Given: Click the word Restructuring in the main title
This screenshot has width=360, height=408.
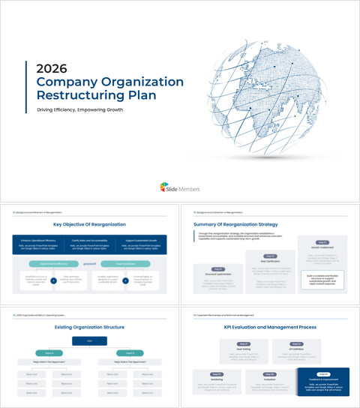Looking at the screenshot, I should [70, 95].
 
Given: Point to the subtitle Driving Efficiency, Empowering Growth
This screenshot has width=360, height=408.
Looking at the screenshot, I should [79, 109].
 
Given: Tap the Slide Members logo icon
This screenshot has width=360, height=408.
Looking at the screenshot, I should [164, 187].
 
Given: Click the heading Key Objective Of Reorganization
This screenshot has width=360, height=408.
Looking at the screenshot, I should [89, 224].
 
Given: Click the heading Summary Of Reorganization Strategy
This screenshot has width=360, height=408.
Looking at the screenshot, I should [235, 224].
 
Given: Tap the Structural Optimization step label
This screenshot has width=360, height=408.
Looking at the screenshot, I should [217, 273].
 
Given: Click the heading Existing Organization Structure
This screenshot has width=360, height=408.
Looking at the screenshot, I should [89, 327].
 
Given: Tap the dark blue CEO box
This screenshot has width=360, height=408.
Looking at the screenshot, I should [89, 341].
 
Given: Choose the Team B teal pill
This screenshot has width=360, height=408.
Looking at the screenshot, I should [129, 352].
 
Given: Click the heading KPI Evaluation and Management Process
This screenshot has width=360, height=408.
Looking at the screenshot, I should [270, 327].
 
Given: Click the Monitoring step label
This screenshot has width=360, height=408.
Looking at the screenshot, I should [217, 377].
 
